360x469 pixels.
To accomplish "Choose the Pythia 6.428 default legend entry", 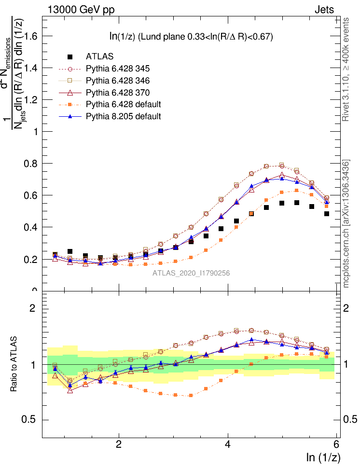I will pyautogui.click(x=123, y=104).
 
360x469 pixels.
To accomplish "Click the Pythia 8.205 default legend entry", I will pyautogui.click(x=123, y=116).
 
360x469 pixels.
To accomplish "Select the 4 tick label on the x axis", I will pyautogui.click(x=228, y=445).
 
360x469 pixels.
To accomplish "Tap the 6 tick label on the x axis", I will pyautogui.click(x=337, y=445).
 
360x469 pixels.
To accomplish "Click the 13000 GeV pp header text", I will pyautogui.click(x=81, y=9).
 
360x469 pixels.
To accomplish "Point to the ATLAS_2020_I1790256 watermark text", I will pyautogui.click(x=191, y=273).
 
